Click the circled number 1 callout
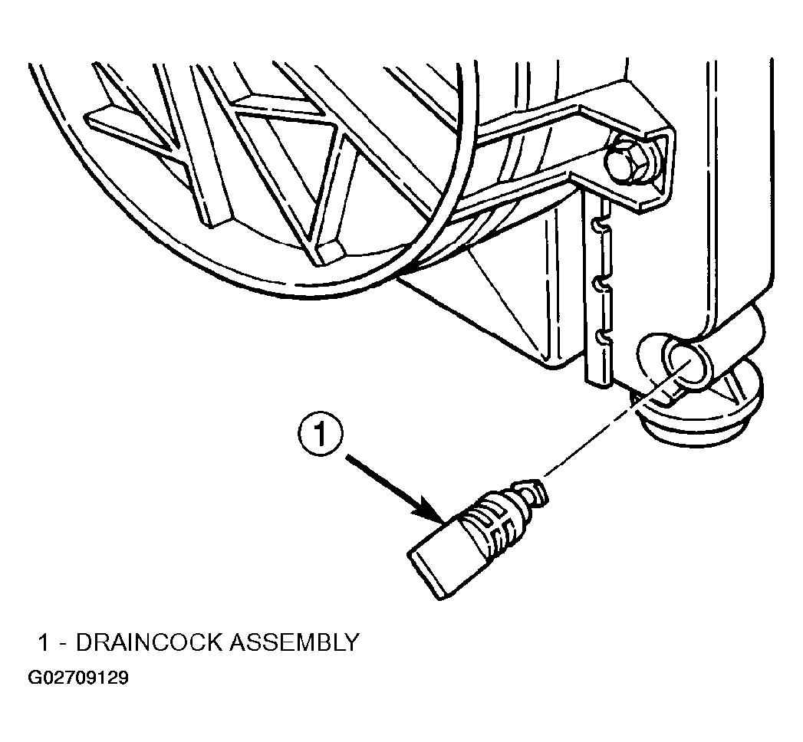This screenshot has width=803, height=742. (x=321, y=435)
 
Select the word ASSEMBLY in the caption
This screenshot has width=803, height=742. (x=294, y=642)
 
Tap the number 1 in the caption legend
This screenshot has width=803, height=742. (x=44, y=642)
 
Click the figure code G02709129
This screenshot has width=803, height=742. (x=78, y=678)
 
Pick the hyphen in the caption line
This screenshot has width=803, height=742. (x=62, y=644)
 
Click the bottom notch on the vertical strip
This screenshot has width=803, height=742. (x=601, y=337)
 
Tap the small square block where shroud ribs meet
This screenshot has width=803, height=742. (x=330, y=251)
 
